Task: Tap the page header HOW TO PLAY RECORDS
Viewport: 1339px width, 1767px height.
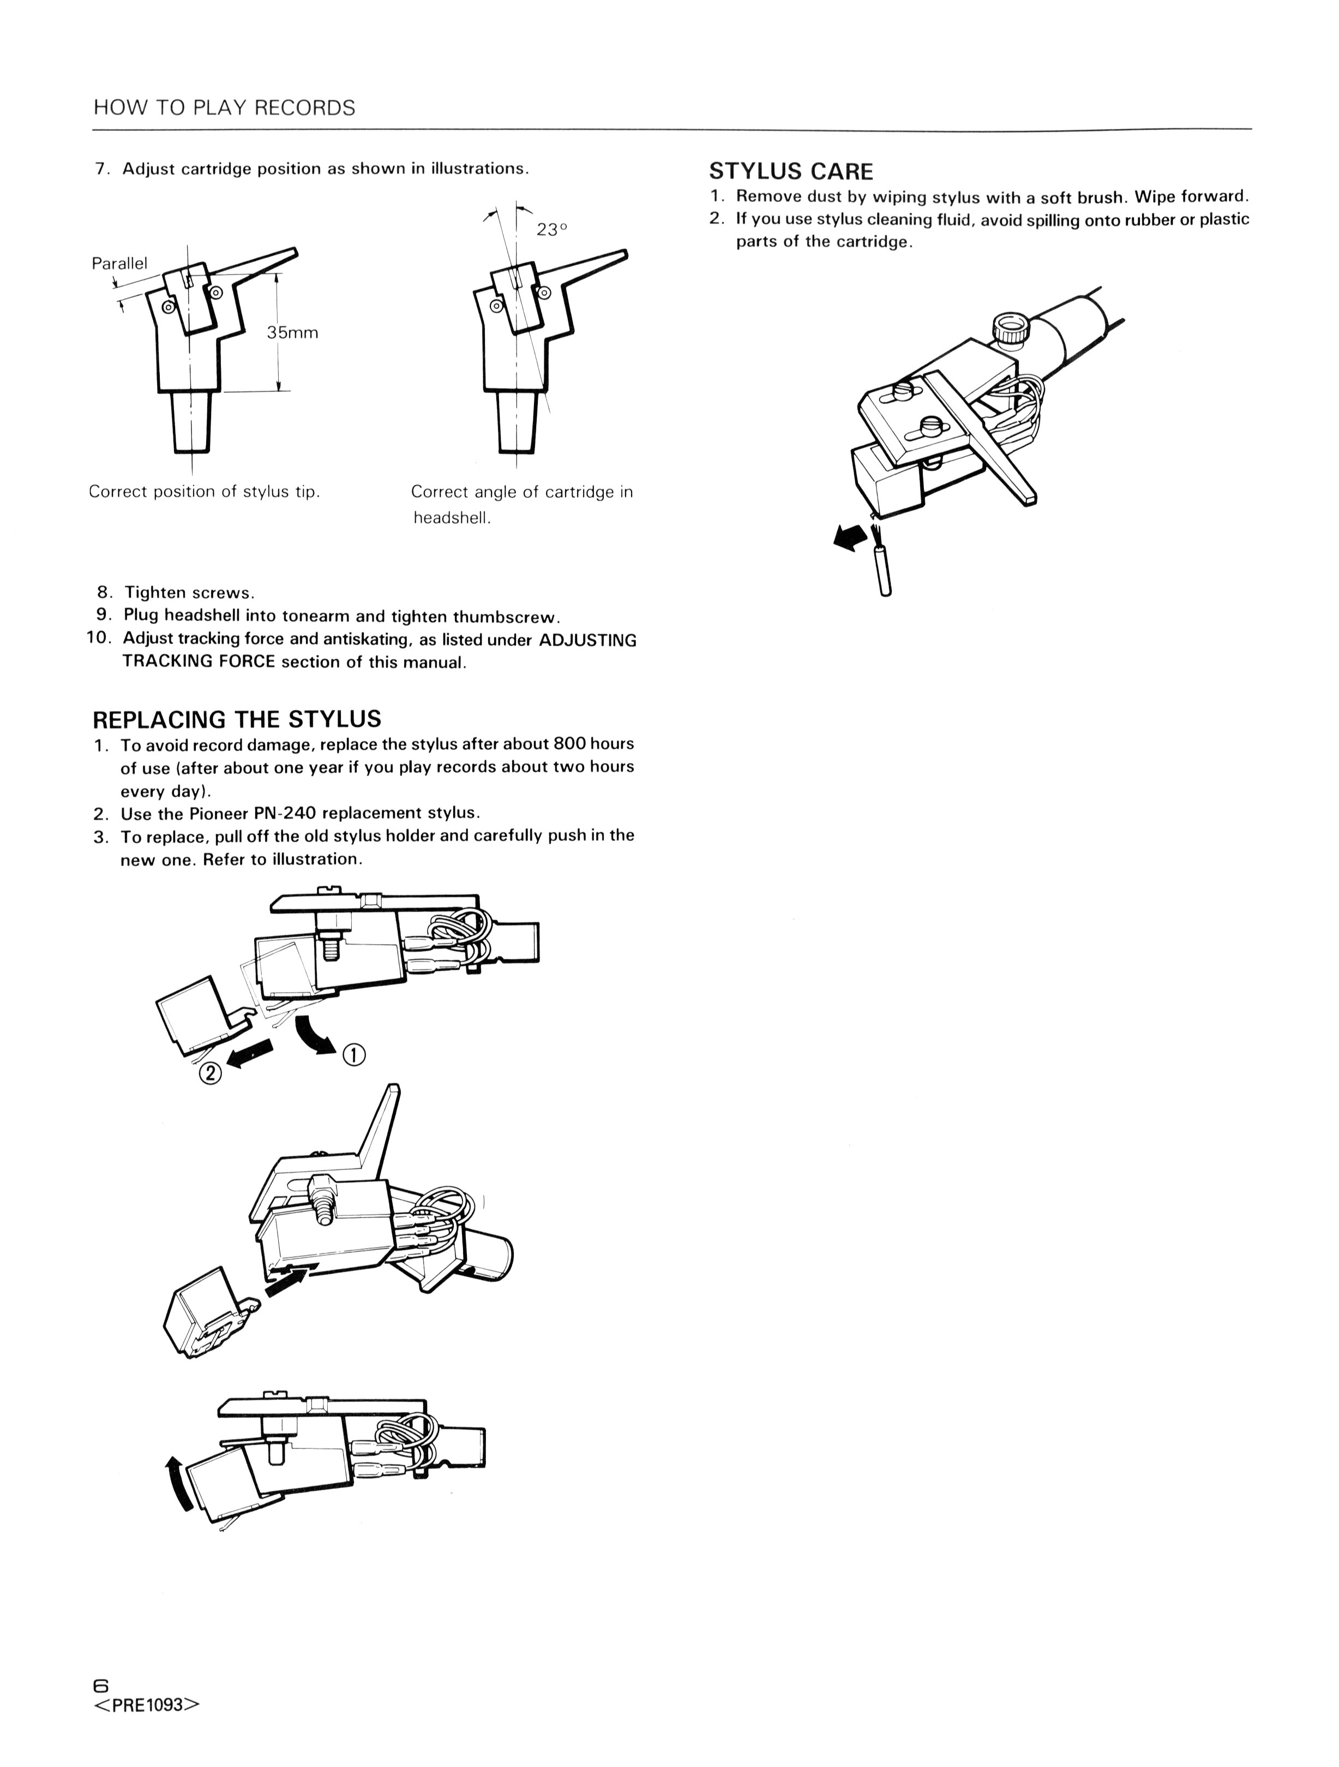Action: point(224,108)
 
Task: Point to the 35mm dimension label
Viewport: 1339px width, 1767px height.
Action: point(292,332)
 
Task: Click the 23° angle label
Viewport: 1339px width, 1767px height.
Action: point(552,229)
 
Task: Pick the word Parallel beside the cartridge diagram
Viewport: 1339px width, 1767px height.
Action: point(120,264)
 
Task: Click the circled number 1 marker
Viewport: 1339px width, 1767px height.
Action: point(354,1055)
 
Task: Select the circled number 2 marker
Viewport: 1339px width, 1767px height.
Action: point(210,1073)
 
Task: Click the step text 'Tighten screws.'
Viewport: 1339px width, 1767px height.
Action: point(189,593)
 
